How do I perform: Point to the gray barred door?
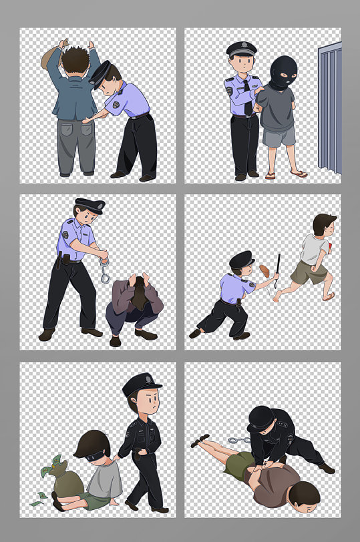coord(330,107)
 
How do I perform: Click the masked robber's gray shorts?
coord(278,135)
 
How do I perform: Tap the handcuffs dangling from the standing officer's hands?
coord(104,270)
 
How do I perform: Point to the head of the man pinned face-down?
coord(305,495)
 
